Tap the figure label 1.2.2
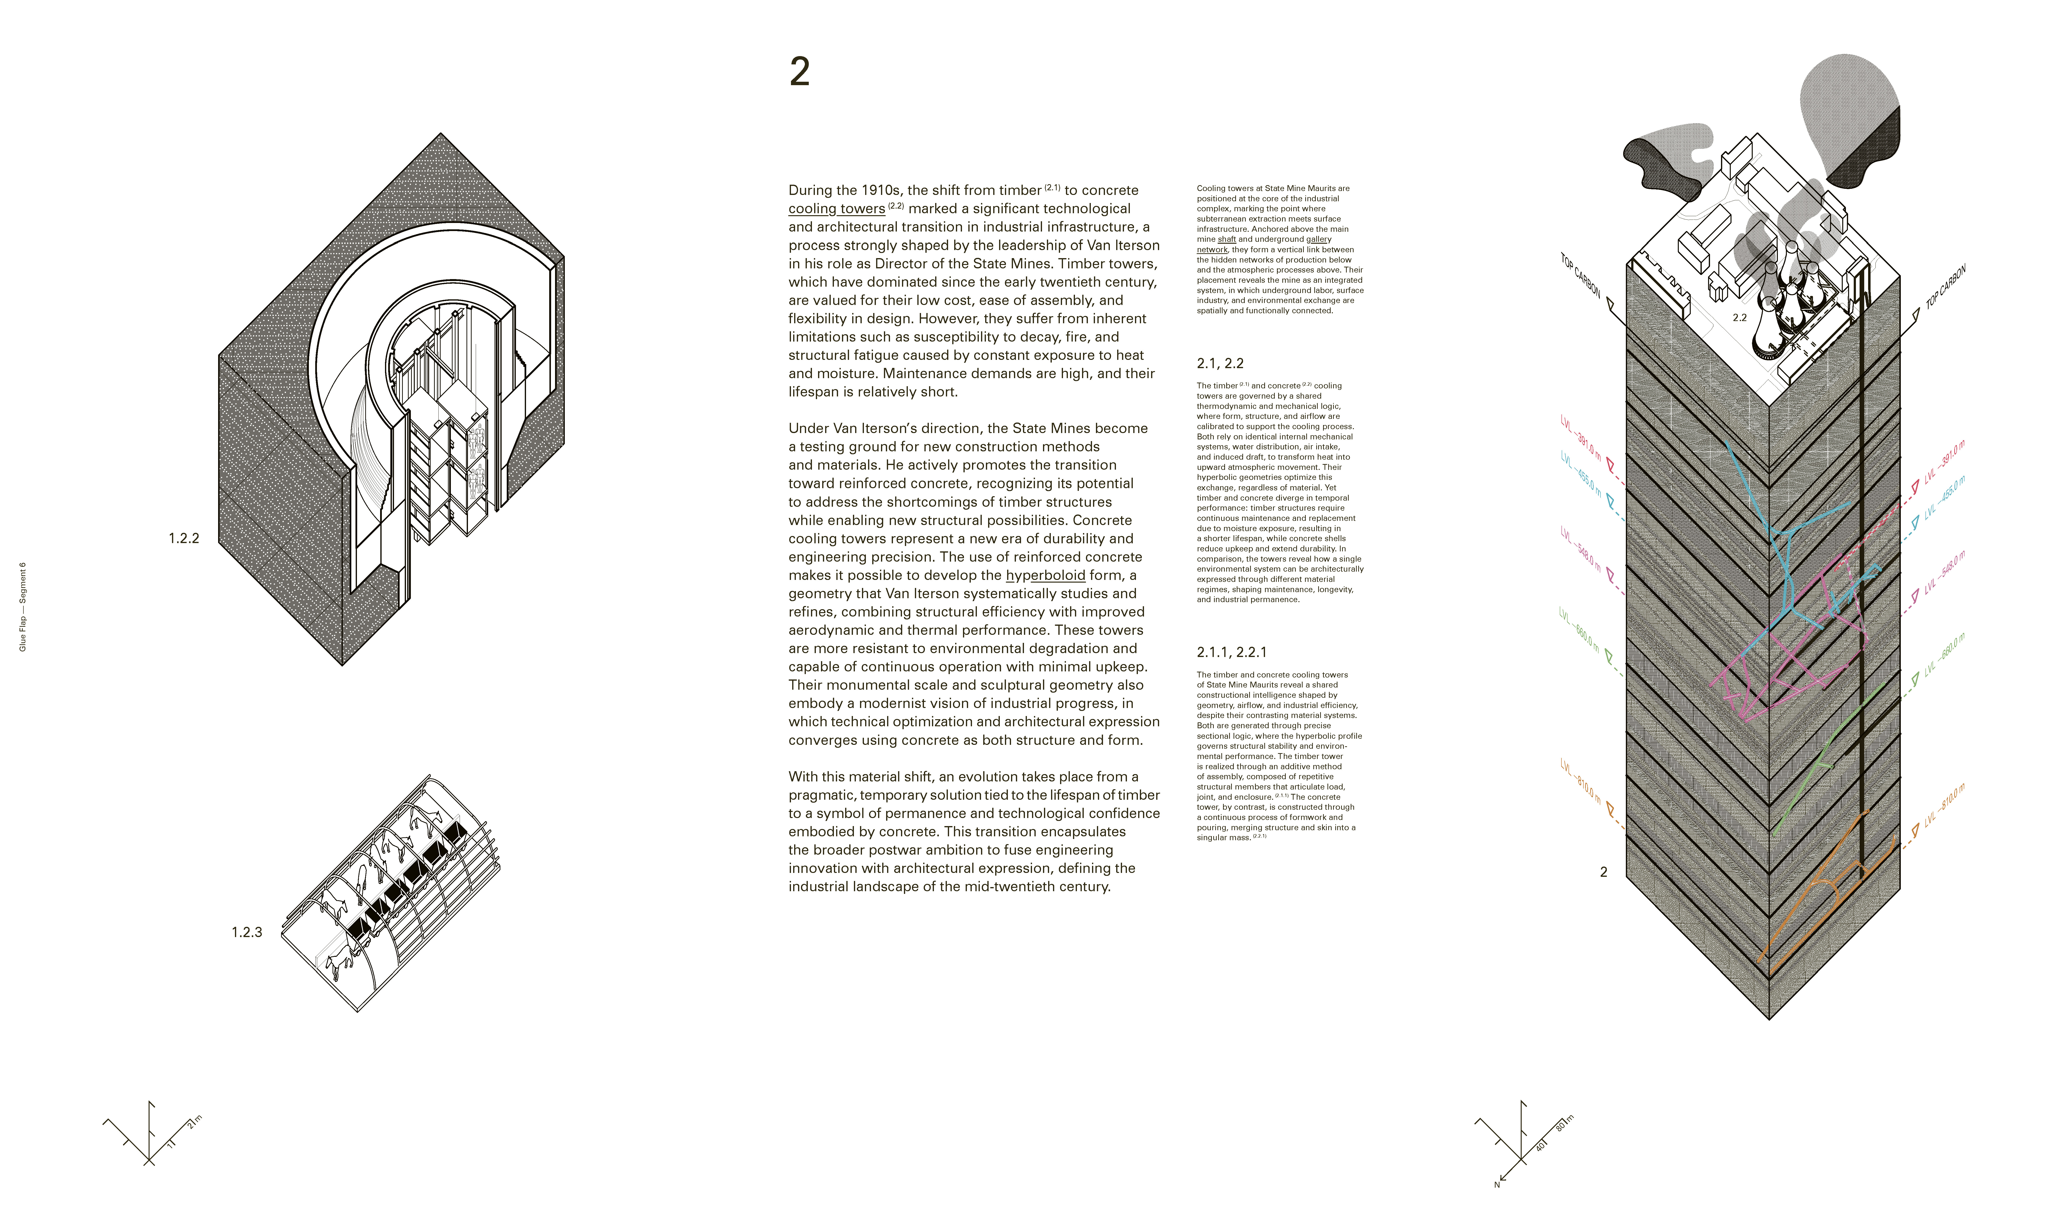[x=184, y=538]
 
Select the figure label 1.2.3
[x=246, y=932]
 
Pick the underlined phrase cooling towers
[x=836, y=209]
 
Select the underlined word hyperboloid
[x=1045, y=575]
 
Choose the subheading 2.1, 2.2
[x=1219, y=364]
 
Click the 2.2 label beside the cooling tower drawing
[x=1739, y=317]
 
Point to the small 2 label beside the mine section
[x=1603, y=872]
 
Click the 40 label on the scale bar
[x=1540, y=1145]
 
